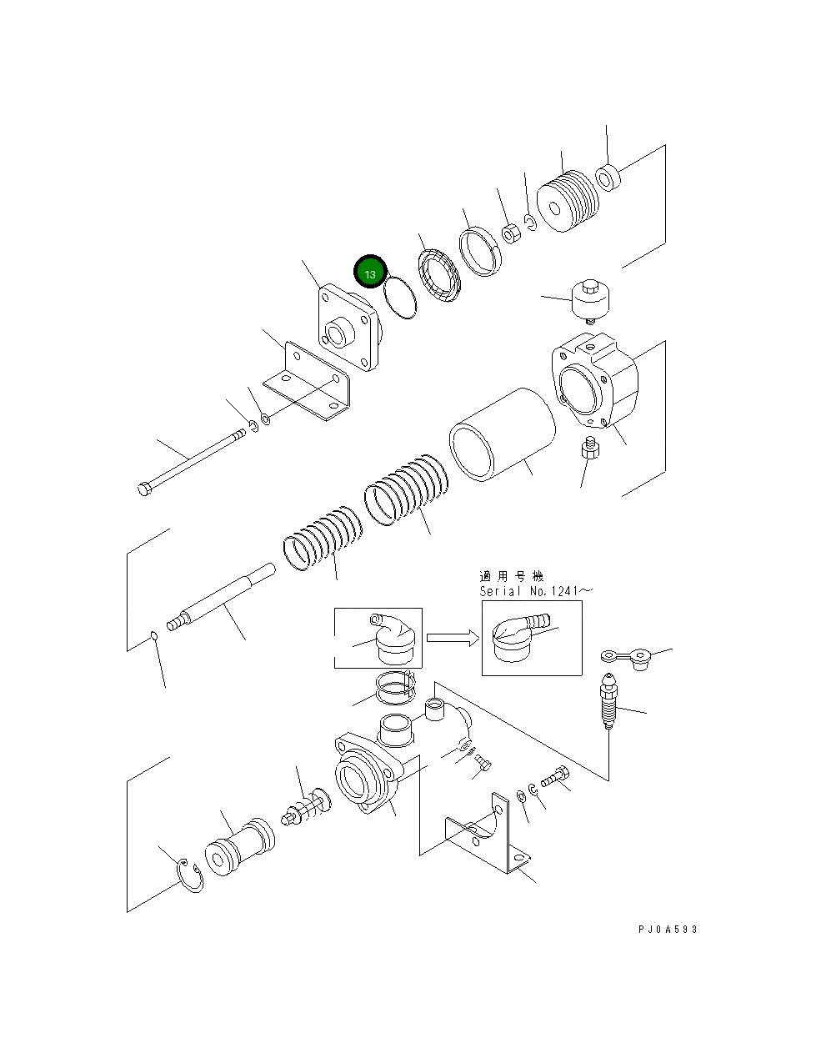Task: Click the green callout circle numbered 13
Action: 370,273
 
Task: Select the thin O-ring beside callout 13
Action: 400,298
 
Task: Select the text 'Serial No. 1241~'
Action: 535,591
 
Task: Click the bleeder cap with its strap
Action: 630,659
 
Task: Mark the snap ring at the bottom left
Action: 191,878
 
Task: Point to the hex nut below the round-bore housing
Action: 589,449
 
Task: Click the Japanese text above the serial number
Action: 512,576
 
